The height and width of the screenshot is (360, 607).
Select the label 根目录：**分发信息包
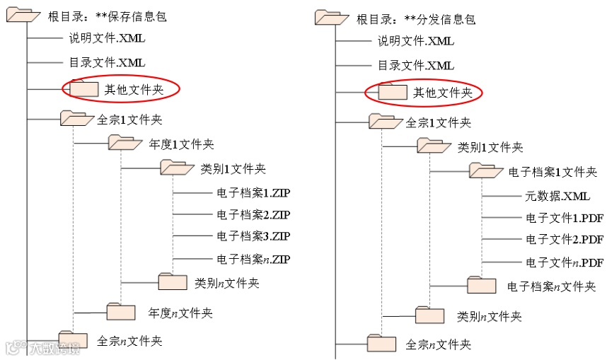click(415, 19)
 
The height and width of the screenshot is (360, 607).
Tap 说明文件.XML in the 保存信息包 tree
click(107, 38)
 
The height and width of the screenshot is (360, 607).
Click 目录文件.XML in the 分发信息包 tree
click(415, 66)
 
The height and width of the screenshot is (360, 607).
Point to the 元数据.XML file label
click(557, 196)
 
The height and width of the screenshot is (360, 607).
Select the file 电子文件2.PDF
click(564, 239)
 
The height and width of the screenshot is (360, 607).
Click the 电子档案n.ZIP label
click(253, 259)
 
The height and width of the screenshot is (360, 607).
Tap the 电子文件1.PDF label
click(564, 218)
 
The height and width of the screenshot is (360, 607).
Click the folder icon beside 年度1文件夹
click(125, 143)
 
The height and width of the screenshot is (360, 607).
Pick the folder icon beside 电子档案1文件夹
click(486, 170)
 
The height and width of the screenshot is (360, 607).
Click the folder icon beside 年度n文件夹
click(121, 312)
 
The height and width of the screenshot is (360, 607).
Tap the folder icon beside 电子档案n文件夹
click(482, 285)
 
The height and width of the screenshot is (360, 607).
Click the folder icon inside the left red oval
click(83, 88)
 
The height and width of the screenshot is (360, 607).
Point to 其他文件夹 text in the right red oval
click(442, 93)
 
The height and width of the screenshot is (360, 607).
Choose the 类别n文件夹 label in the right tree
click(490, 316)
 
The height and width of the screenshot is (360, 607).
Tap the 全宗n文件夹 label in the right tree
click(438, 345)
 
